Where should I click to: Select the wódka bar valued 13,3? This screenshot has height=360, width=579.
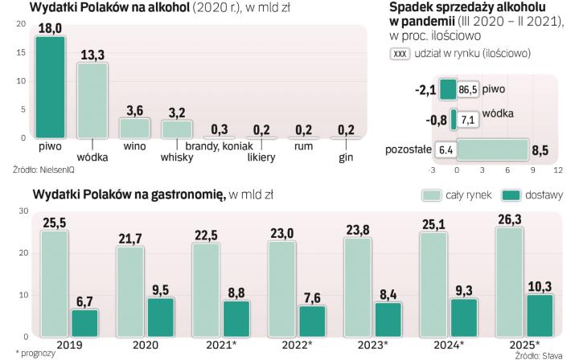pyautogui.click(x=92, y=100)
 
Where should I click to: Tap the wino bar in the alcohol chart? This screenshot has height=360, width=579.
pyautogui.click(x=134, y=128)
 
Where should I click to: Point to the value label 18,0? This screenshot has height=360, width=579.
pyautogui.click(x=51, y=28)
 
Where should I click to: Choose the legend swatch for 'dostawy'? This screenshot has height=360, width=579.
pyautogui.click(x=511, y=195)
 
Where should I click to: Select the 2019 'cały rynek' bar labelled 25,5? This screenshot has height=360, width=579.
pyautogui.click(x=55, y=282)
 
